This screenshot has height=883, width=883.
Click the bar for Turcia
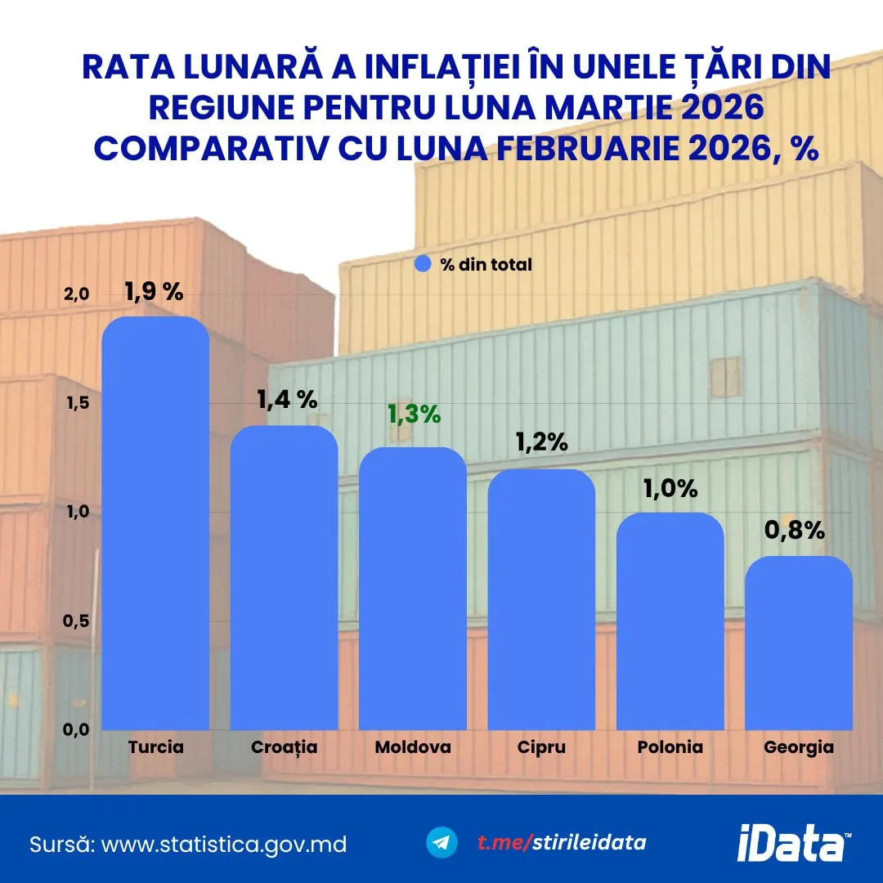pyautogui.click(x=155, y=523)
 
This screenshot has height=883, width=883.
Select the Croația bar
pyautogui.click(x=284, y=577)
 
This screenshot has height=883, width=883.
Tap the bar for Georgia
pyautogui.click(x=798, y=643)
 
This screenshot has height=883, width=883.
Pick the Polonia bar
pyautogui.click(x=670, y=621)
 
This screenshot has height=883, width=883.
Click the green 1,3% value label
pyautogui.click(x=414, y=415)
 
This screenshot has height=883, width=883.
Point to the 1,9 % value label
pyautogui.click(x=154, y=292)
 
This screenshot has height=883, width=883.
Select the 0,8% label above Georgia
pyautogui.click(x=794, y=530)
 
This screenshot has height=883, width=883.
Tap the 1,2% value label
pyautogui.click(x=541, y=441)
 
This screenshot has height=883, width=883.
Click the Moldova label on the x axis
pyautogui.click(x=413, y=747)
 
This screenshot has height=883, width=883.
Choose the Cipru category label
pyautogui.click(x=541, y=747)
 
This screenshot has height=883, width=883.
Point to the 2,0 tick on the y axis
pyautogui.click(x=74, y=294)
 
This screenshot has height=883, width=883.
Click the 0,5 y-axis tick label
pyautogui.click(x=74, y=621)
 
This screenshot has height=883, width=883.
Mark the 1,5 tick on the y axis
pyautogui.click(x=74, y=404)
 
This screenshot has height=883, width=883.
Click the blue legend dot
pyautogui.click(x=423, y=264)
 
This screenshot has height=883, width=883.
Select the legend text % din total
pyautogui.click(x=486, y=264)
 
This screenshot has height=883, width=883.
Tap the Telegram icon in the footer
pyautogui.click(x=442, y=843)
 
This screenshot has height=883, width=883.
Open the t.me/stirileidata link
pyautogui.click(x=562, y=843)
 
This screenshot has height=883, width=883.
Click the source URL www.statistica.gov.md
pyautogui.click(x=223, y=844)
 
